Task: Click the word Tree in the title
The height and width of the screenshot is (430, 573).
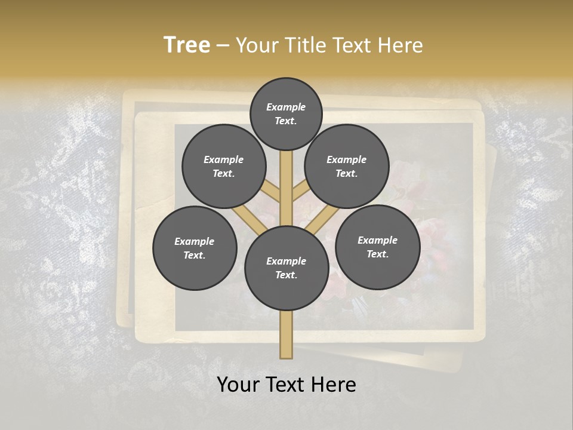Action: [x=187, y=45]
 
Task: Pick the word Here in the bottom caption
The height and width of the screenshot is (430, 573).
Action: [x=335, y=385]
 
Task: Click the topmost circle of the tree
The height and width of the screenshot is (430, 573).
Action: [x=286, y=113]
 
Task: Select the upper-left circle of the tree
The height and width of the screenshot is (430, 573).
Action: [x=224, y=167]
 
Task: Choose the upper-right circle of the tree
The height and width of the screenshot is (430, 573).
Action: [x=347, y=167]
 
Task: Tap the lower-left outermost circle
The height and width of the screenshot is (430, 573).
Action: [x=195, y=248]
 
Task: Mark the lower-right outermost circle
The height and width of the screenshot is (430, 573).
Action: [x=377, y=247]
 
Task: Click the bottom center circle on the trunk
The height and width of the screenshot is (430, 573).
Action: [x=286, y=268]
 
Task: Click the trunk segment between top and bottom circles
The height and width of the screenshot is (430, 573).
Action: [x=286, y=185]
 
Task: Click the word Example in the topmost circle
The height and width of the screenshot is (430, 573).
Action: [x=286, y=107]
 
